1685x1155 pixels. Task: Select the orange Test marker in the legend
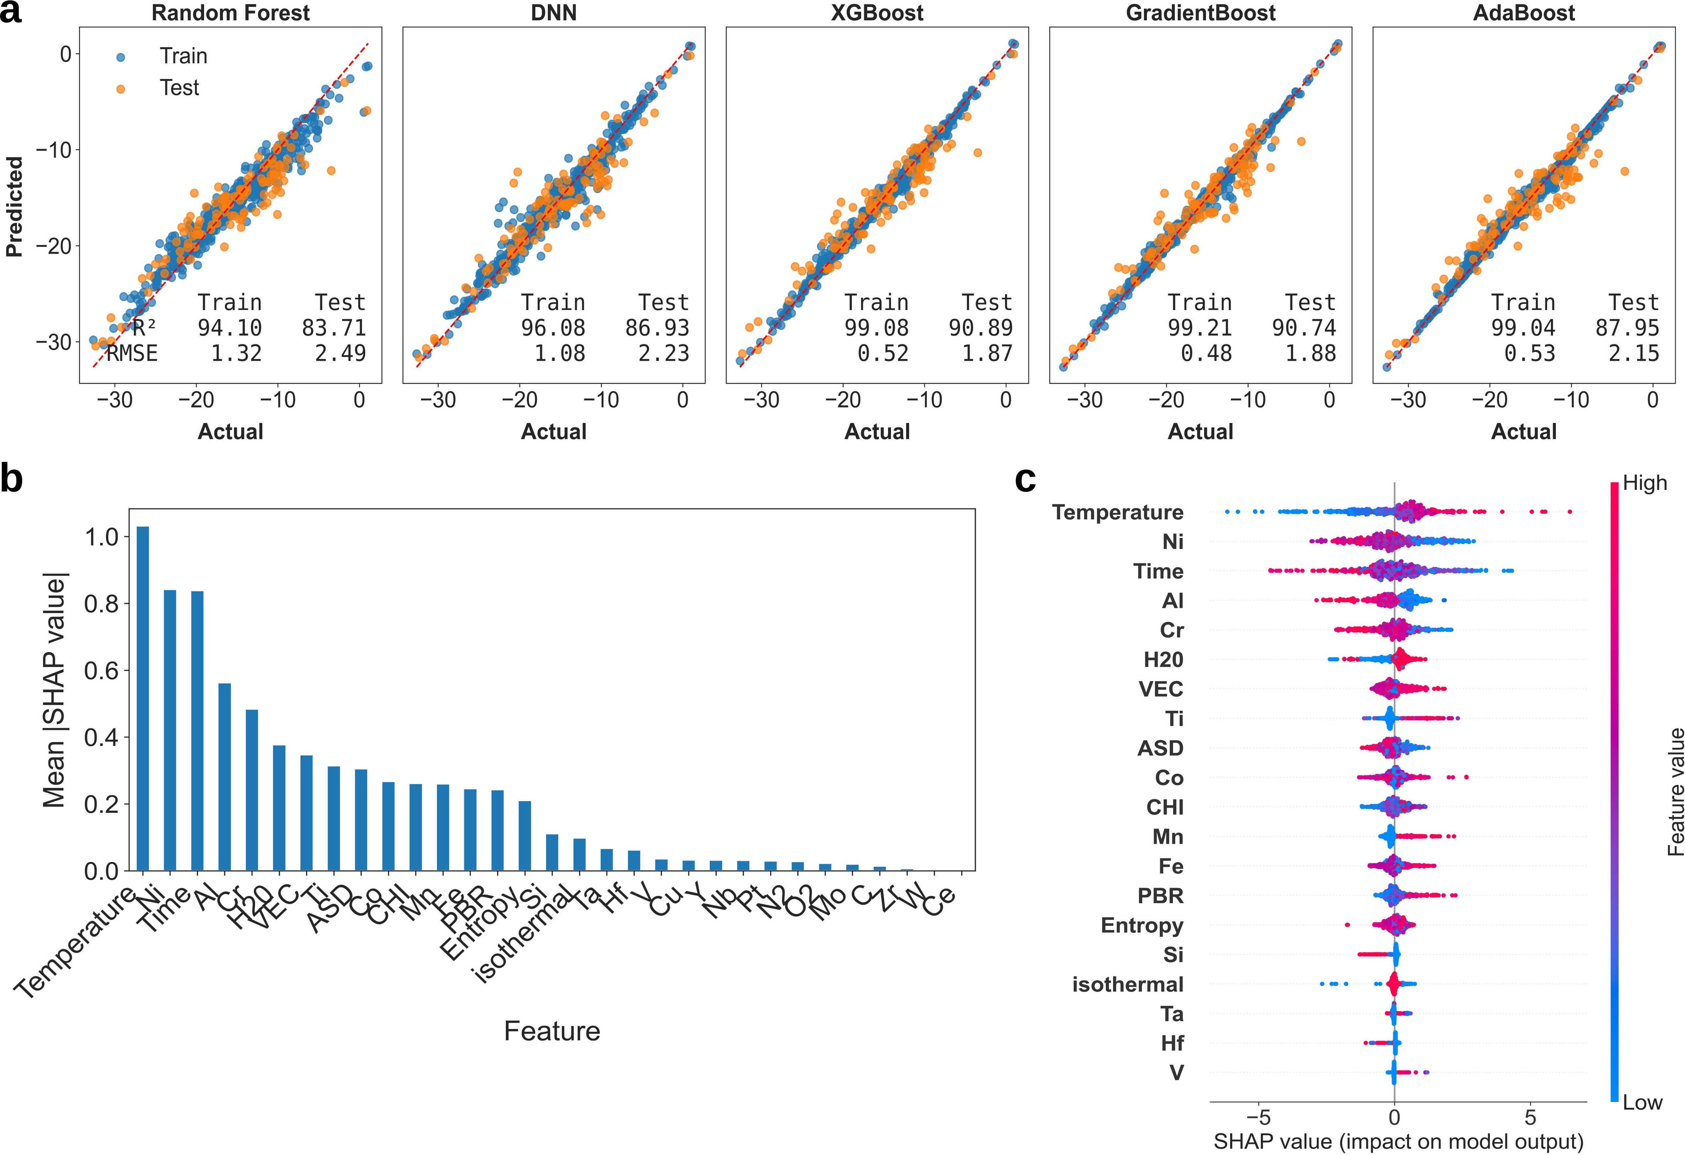[x=120, y=88]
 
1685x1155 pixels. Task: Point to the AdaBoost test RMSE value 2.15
[x=1633, y=353]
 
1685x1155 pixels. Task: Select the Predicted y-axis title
[x=14, y=207]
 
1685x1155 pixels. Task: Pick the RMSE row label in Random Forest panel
[x=132, y=353]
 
